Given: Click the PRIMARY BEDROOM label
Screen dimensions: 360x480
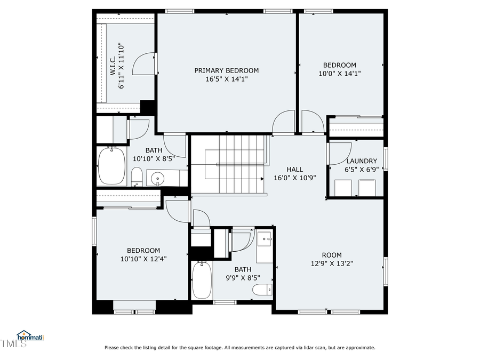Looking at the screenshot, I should point(226,70).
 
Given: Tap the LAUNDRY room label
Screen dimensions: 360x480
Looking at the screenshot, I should point(362,161).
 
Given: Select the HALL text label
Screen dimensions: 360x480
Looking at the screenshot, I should point(294,170).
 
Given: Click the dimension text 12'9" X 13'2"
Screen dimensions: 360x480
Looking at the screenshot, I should point(331,263).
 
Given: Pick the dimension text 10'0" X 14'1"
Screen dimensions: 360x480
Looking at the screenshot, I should point(340,74).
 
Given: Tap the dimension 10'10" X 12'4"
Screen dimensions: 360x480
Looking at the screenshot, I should point(143,259).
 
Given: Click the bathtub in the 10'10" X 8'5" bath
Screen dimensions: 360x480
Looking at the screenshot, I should point(112,166).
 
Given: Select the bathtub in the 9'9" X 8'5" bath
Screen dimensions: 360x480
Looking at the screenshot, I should point(202,279).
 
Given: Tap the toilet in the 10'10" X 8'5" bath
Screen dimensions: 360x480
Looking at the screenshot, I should point(137,177).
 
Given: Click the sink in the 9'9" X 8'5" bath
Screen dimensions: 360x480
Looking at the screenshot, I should point(265,241).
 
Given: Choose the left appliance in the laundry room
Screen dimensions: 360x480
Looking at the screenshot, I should point(343,188).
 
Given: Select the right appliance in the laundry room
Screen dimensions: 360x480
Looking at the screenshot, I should point(367,188).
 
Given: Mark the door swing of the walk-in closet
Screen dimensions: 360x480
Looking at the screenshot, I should point(145,63).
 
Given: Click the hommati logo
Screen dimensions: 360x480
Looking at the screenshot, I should point(30,337).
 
